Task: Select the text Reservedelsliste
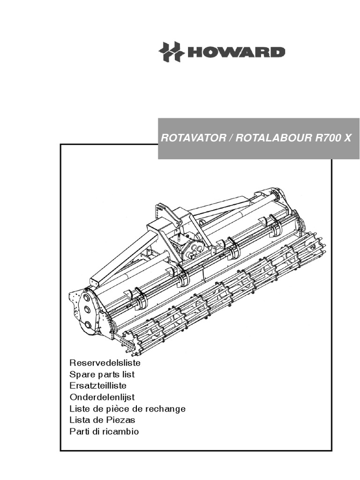[105, 363]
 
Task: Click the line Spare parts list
[102, 374]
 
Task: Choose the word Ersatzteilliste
[97, 386]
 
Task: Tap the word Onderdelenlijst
[102, 397]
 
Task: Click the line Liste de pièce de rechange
[127, 409]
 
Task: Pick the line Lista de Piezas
[102, 420]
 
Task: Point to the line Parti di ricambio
[104, 432]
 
